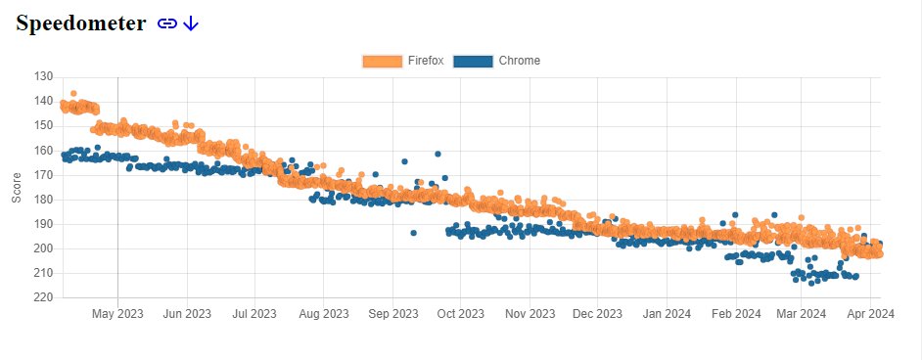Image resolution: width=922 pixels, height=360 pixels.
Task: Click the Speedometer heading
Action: (x=80, y=23)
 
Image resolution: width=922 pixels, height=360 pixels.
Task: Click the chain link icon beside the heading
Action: (x=167, y=24)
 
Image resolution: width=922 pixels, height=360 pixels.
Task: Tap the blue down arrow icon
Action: (x=191, y=23)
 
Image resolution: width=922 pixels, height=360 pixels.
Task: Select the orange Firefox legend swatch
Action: (x=383, y=61)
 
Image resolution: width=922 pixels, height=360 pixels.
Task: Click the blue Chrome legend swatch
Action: (x=473, y=61)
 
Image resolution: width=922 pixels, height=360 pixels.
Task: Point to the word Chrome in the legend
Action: (x=519, y=61)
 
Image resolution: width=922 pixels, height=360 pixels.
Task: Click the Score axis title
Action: (x=17, y=188)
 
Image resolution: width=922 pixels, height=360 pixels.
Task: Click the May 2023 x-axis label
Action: (x=117, y=314)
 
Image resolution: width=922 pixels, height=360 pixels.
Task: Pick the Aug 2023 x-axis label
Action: (x=323, y=314)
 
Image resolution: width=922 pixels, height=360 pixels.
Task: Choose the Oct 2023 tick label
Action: (x=460, y=314)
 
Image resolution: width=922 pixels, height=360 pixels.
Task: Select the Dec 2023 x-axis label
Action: (x=597, y=314)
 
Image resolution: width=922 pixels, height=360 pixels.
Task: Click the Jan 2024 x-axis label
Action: (x=667, y=314)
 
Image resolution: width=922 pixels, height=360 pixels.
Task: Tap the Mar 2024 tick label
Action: (x=801, y=314)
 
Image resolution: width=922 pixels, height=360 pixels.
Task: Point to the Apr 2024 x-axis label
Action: (x=870, y=314)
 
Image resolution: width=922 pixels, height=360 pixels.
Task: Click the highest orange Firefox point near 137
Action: (x=73, y=93)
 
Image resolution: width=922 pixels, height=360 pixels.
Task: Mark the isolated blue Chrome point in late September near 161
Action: (x=438, y=154)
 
